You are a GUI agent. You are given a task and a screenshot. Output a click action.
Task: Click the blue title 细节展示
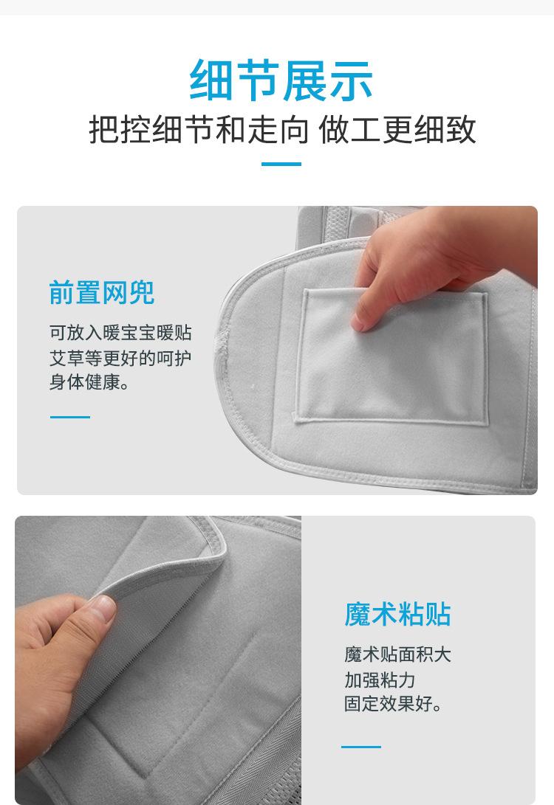(281, 80)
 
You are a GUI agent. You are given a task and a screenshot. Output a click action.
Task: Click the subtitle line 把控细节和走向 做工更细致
(282, 130)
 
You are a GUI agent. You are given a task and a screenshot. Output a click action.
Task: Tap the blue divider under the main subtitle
(281, 164)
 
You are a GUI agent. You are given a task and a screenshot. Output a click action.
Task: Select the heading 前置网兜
(102, 293)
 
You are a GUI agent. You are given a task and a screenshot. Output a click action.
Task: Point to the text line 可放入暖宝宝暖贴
(120, 333)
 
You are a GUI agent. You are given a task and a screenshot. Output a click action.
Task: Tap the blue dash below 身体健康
(70, 417)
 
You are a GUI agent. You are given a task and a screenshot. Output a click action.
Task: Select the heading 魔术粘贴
(397, 614)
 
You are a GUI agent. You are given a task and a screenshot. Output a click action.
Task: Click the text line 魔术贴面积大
(397, 654)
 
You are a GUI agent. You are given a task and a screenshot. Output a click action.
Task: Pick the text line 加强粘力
(380, 679)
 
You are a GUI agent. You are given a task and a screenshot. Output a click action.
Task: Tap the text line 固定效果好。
(393, 704)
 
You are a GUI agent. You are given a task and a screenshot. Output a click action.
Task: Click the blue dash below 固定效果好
(361, 747)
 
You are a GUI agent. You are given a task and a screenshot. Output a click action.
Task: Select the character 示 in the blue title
(350, 80)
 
